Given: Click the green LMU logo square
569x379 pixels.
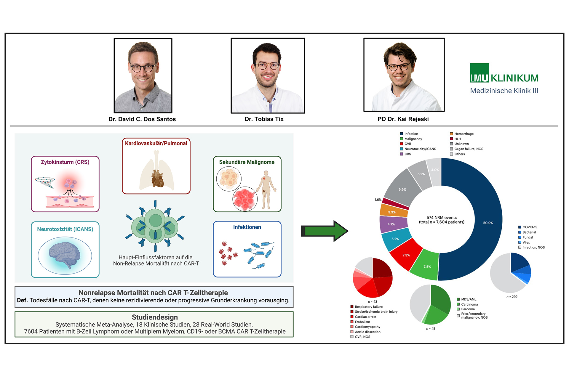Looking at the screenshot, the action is click(479, 73).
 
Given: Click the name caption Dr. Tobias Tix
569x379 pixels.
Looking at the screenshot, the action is click(264, 119).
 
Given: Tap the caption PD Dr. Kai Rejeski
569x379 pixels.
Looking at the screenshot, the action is click(403, 119).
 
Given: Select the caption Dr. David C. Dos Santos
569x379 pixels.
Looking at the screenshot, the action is click(142, 119).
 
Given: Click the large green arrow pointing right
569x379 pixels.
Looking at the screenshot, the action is click(325, 231).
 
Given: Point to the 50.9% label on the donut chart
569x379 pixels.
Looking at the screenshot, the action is click(488, 223).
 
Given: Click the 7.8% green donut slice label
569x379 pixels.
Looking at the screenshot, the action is click(427, 267).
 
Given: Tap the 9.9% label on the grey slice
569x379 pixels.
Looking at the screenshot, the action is click(402, 189).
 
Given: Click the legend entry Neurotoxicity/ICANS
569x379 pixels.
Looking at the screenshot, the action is click(418, 149).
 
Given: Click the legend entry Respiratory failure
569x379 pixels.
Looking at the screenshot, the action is click(366, 307).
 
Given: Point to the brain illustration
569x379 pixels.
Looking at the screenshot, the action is click(65, 255).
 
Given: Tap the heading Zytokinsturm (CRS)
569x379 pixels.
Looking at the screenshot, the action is click(65, 162).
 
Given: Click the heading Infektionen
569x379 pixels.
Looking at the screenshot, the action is click(247, 227).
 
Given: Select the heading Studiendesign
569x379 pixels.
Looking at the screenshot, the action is click(155, 317).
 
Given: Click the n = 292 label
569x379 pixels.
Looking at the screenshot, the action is click(512, 297).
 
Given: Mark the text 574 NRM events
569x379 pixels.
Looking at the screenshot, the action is click(442, 218).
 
